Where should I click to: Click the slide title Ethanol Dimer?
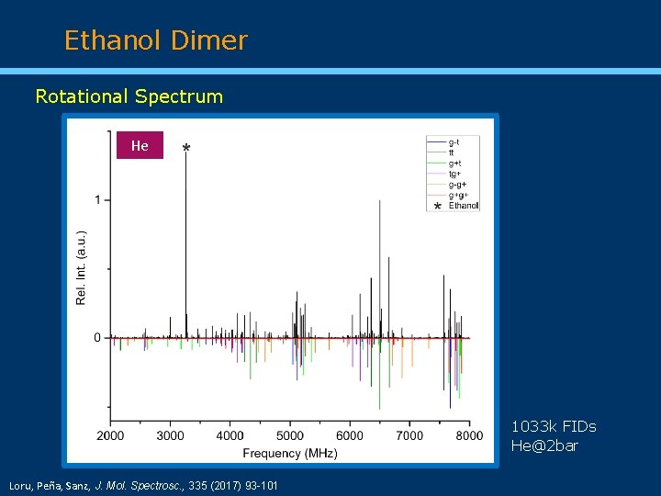[x=156, y=40]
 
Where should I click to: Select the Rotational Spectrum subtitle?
[x=129, y=96]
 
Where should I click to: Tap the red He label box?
[x=140, y=145]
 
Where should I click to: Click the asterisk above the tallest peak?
[x=187, y=149]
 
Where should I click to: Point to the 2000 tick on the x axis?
[x=111, y=435]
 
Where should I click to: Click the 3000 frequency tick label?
[x=171, y=435]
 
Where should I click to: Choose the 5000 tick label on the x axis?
[x=290, y=435]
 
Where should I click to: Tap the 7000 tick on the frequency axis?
[x=409, y=435]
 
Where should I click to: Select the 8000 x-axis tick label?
[x=469, y=435]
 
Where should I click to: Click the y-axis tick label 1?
[x=97, y=200]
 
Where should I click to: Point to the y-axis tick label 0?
[x=97, y=338]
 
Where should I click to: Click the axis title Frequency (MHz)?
[x=290, y=453]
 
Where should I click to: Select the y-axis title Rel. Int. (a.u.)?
[x=82, y=267]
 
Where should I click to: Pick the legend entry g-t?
[x=454, y=141]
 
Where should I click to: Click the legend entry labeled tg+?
[x=454, y=174]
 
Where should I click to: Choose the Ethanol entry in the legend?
[x=464, y=206]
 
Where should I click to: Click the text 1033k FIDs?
[x=554, y=426]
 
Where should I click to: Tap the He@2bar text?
[x=545, y=445]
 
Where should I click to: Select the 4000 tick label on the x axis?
[x=230, y=435]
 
